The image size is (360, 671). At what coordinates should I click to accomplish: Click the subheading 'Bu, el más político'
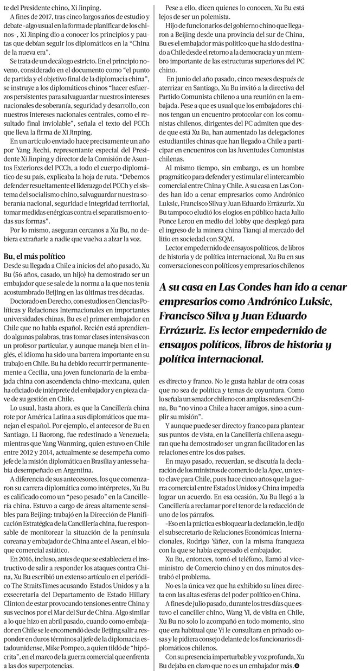click(34, 255)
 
